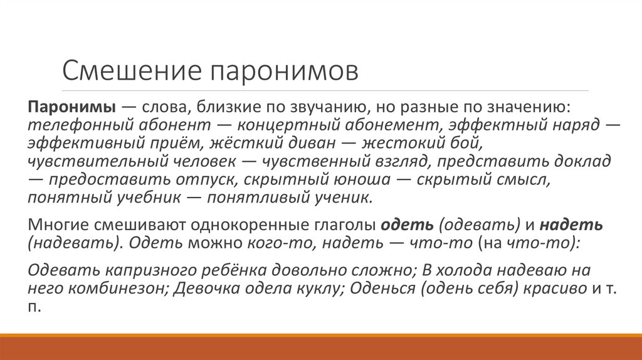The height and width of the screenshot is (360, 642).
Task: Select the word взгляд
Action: coord(394,161)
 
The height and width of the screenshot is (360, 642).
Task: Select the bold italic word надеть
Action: coord(571,225)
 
